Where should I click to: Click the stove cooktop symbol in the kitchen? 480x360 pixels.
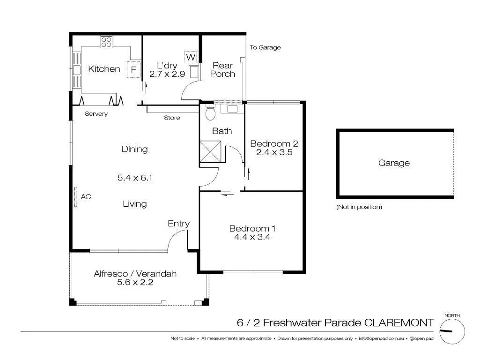106,42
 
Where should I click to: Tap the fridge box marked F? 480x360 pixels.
133,70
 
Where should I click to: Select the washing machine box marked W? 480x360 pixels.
191,57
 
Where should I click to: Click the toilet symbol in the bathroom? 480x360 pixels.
210,111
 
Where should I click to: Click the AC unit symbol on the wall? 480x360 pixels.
75,197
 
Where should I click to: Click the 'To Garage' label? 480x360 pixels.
265,47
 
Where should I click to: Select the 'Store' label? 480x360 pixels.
172,118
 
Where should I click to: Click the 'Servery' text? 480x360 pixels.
96,114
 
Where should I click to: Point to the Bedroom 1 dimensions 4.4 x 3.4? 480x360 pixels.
252,237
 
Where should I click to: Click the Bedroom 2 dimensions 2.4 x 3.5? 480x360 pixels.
274,152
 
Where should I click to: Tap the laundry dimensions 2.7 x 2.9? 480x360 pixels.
166,74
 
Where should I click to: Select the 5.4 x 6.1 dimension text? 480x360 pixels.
135,178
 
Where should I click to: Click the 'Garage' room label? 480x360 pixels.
394,163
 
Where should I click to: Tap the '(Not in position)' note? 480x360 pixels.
359,207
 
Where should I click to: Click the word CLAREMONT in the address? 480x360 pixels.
399,323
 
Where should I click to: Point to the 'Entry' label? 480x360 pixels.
178,224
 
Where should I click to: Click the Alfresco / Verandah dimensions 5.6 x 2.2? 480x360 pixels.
135,282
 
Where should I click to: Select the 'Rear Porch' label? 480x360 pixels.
222,70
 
